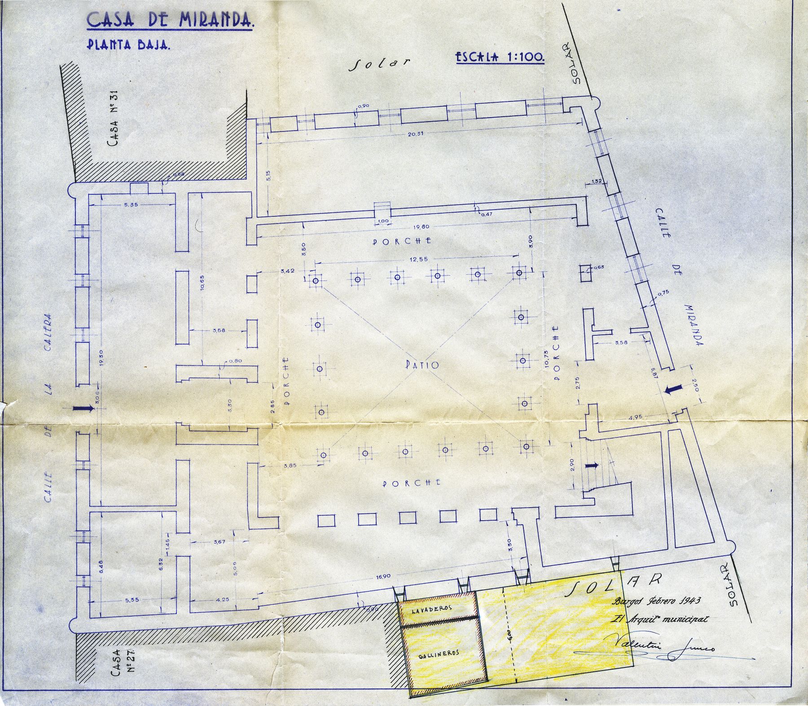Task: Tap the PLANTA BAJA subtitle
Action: (x=127, y=45)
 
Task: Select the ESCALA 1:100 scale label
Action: (x=500, y=57)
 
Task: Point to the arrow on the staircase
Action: (x=593, y=466)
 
